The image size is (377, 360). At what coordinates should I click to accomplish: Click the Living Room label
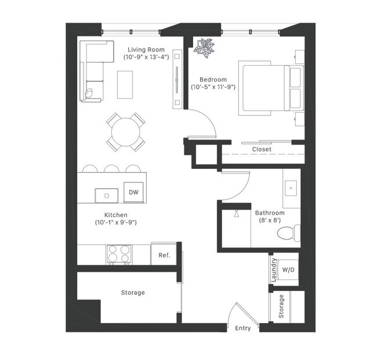pos(147,49)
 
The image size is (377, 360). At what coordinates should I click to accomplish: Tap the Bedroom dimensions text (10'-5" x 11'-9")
pos(213,88)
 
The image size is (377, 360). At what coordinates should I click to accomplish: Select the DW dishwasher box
pos(133,192)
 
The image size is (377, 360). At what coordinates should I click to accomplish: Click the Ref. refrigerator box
pos(164,254)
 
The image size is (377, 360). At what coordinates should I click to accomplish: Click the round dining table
pos(125,131)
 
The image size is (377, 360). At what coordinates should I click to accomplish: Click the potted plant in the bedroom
pos(205,48)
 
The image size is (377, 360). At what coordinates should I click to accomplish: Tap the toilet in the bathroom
pos(287,233)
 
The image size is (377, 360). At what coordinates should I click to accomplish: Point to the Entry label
pos(243,328)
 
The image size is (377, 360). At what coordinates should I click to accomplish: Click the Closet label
pos(261,150)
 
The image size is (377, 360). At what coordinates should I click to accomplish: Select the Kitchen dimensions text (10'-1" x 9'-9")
pos(115,222)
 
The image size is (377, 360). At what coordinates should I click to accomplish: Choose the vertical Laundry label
pos(274,270)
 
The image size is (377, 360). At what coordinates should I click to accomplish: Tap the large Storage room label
pos(133,293)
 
